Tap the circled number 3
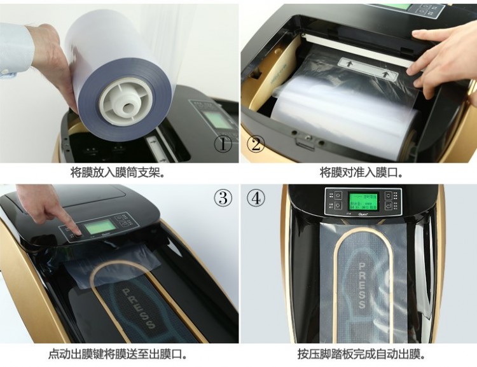pos(223,198)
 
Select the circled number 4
pos(256,198)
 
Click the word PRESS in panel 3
pos(138,307)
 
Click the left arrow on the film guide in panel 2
pos(349,64)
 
